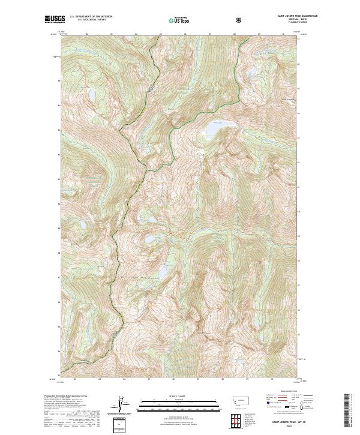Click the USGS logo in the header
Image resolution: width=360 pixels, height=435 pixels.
(55, 20)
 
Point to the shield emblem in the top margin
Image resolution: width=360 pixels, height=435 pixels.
(240, 20)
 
